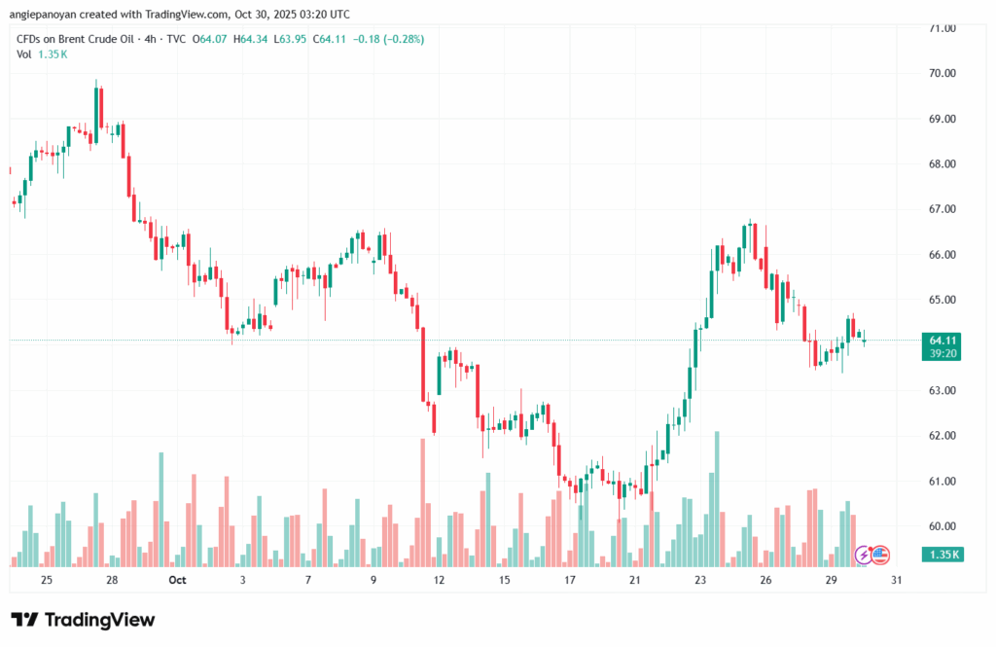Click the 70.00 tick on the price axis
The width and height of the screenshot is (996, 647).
(942, 74)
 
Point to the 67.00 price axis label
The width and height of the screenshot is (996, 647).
(942, 209)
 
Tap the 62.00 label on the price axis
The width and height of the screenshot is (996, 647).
(942, 436)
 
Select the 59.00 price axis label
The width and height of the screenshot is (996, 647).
(942, 567)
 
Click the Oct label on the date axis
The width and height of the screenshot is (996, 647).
(176, 580)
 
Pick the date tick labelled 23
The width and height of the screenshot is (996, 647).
(700, 580)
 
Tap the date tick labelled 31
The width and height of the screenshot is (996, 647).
(896, 580)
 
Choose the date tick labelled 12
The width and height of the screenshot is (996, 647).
(439, 580)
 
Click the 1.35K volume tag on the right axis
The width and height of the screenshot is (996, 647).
(943, 555)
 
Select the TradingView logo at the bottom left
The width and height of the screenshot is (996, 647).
(83, 620)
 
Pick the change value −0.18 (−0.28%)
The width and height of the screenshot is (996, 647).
(389, 39)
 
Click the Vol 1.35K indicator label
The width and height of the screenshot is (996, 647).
(42, 54)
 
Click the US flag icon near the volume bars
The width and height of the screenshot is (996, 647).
(880, 555)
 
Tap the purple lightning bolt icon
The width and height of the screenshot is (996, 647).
(863, 555)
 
